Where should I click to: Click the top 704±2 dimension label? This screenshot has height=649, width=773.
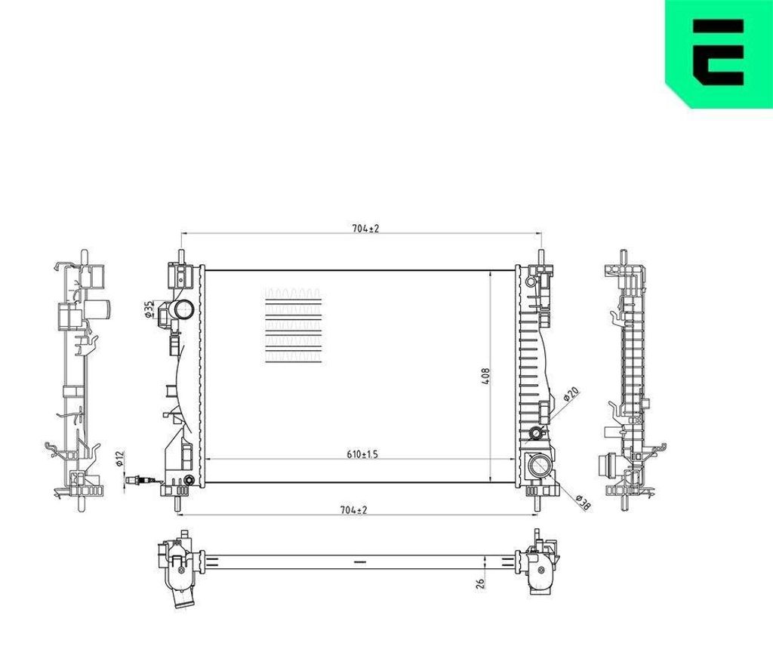[365, 229]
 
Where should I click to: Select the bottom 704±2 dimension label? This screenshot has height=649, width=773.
[353, 510]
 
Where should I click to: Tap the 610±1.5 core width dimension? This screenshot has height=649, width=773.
[362, 454]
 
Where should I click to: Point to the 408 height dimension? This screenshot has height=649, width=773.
[485, 376]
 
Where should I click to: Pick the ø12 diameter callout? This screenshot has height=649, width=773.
[119, 458]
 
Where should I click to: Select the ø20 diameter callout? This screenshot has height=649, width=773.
[571, 395]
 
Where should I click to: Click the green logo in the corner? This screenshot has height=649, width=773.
[719, 54]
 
